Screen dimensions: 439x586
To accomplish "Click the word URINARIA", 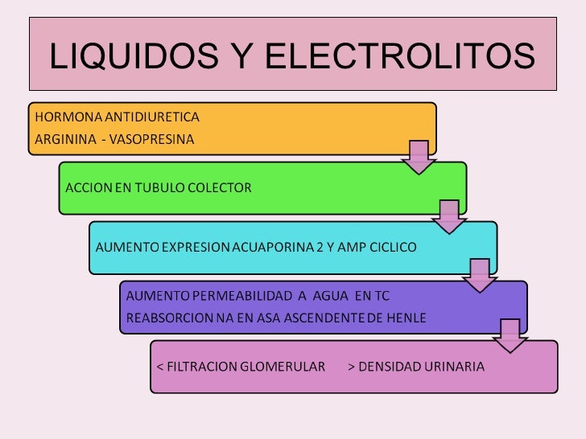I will (x=454, y=367).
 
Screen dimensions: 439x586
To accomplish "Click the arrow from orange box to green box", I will (x=419, y=158).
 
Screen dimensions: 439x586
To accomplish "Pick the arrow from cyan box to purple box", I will (x=480, y=276).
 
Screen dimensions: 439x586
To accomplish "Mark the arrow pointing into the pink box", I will (x=510, y=335).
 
